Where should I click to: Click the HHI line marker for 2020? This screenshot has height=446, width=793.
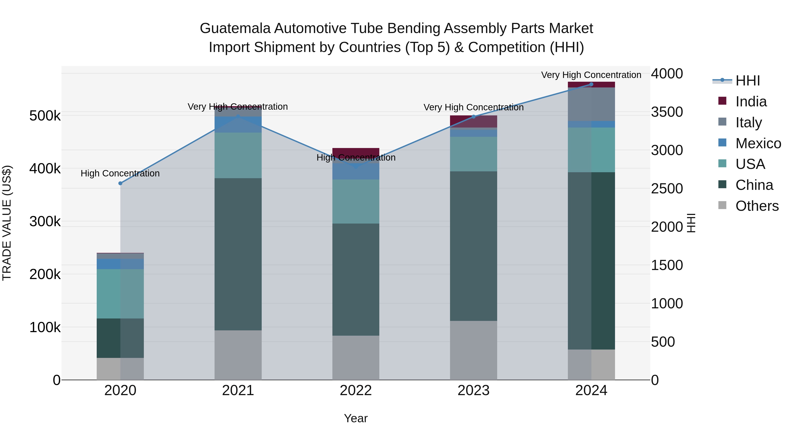coord(120,183)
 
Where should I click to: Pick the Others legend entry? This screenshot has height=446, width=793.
coord(757,206)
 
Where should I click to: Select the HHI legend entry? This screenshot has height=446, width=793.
coord(747,81)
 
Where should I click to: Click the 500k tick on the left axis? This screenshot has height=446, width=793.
coord(45,116)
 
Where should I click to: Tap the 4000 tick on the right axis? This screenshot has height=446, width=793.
coord(667,74)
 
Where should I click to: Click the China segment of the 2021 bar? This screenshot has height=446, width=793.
coord(238,254)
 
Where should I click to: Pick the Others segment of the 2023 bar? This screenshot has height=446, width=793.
coord(473,350)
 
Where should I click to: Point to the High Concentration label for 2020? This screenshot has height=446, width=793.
coord(120,173)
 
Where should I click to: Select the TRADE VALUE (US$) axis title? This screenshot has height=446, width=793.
coord(7,223)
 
